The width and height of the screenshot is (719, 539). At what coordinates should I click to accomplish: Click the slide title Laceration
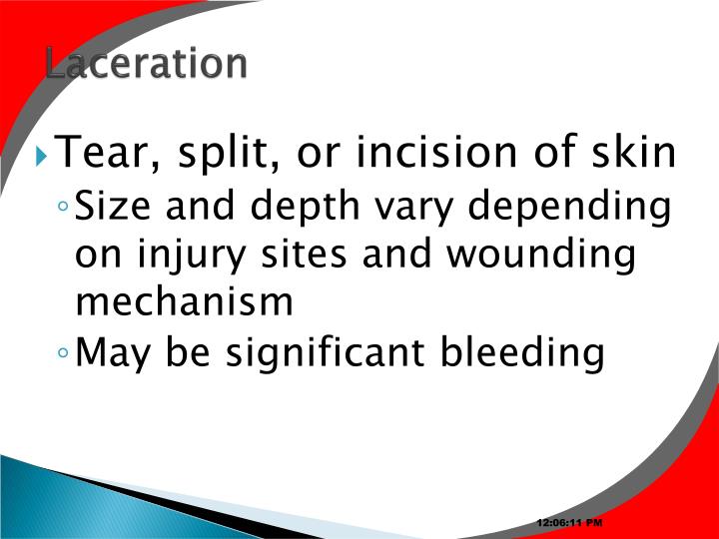pyautogui.click(x=146, y=63)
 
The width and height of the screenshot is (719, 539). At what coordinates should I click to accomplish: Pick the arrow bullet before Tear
pyautogui.click(x=40, y=156)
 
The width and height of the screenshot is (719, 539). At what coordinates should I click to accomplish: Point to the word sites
pyautogui.click(x=306, y=254)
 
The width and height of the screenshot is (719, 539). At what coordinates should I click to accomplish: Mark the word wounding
pyautogui.click(x=540, y=256)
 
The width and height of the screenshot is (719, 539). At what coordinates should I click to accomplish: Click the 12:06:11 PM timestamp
pyautogui.click(x=569, y=523)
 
